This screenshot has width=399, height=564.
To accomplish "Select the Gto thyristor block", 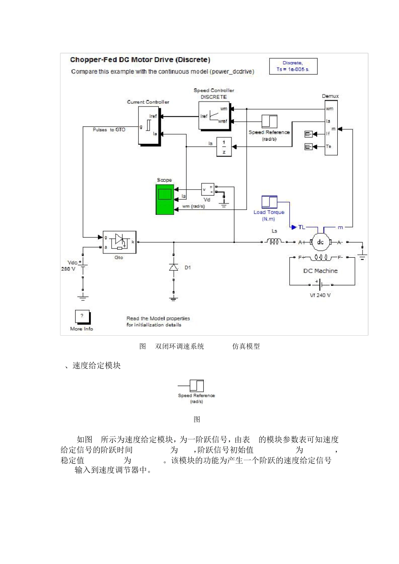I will (x=119, y=242).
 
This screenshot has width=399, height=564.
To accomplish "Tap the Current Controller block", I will (x=149, y=125).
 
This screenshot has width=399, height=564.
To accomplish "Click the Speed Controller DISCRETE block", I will (x=214, y=115).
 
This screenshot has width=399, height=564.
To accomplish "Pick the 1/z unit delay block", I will (x=224, y=147).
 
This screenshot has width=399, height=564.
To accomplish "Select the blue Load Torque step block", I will (x=269, y=202).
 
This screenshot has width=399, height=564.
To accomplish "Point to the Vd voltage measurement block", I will (x=207, y=190).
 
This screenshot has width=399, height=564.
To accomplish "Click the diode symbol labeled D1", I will (x=173, y=267).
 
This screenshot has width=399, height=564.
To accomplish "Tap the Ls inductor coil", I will (x=274, y=242).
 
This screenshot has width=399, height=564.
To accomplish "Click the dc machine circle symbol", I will (x=320, y=242).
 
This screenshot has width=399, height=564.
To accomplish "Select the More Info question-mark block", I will (x=82, y=316).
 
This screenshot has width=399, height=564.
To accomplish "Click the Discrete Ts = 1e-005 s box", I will (x=293, y=66).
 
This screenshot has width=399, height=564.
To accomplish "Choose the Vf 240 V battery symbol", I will (x=320, y=285).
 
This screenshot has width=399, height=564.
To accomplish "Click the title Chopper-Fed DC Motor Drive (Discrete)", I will (x=140, y=60).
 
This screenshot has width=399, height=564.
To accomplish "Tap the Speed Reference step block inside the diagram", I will (x=269, y=121).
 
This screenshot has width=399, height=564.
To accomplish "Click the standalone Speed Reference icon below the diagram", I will (x=196, y=386).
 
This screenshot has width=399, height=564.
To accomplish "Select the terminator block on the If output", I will (x=309, y=134).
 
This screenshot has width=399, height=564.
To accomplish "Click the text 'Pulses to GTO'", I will (x=109, y=130).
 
